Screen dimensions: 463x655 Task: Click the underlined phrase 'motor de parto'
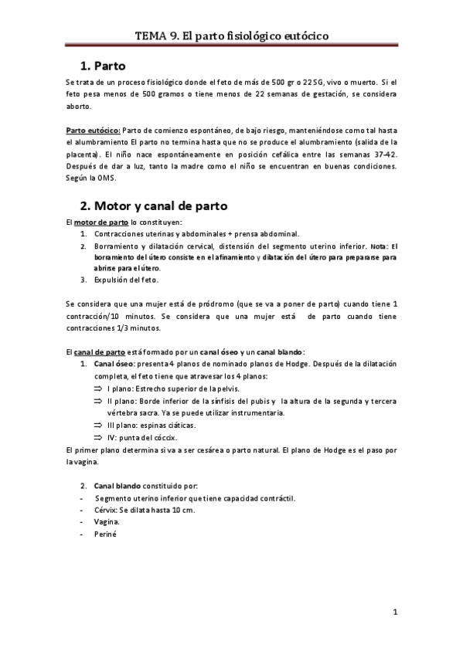99,222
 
